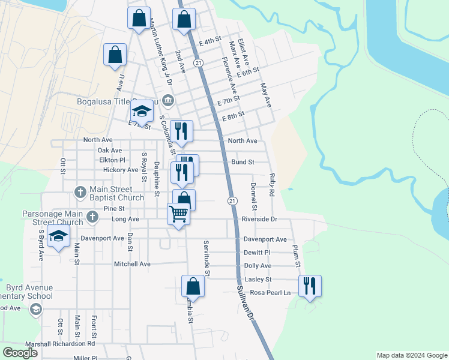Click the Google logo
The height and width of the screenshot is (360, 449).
[20, 353]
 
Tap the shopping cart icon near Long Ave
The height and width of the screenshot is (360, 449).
[179, 213]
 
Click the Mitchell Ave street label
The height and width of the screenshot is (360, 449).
[132, 264]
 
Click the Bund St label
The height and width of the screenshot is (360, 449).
[243, 162]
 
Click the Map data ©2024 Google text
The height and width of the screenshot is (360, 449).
[411, 355]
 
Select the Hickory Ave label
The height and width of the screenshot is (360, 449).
[120, 170]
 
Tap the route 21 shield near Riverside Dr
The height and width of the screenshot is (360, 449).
[231, 199]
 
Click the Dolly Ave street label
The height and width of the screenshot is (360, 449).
[258, 266]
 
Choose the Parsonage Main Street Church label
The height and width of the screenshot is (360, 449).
[53, 218]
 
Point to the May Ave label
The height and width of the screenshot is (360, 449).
[266, 95]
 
